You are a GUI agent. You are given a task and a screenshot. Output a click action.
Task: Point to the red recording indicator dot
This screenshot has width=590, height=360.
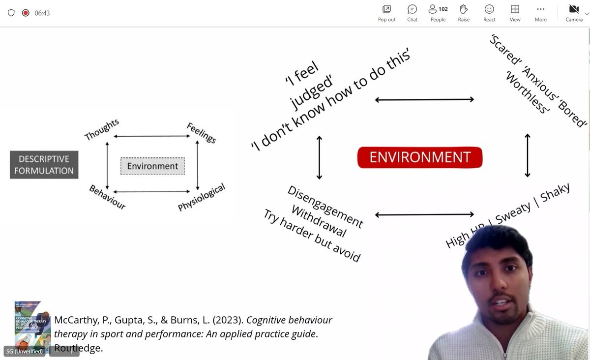point(26,13)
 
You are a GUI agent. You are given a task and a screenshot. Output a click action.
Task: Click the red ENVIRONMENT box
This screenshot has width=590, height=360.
point(420,157)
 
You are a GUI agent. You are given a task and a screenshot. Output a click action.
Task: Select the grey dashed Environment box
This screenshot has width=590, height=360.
point(152,166)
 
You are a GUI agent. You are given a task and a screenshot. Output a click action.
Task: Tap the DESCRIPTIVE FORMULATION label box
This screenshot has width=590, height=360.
point(44,165)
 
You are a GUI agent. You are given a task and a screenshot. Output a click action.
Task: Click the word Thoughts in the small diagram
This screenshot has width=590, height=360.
point(102,130)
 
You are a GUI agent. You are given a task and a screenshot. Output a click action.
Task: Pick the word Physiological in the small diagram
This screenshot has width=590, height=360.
point(202,197)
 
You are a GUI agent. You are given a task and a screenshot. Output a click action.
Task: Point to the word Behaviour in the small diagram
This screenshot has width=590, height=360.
point(107,197)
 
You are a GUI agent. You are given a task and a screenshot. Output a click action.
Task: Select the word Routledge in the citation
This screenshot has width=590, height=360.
point(79,348)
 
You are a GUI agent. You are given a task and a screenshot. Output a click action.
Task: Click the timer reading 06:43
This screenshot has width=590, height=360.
point(42,13)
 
